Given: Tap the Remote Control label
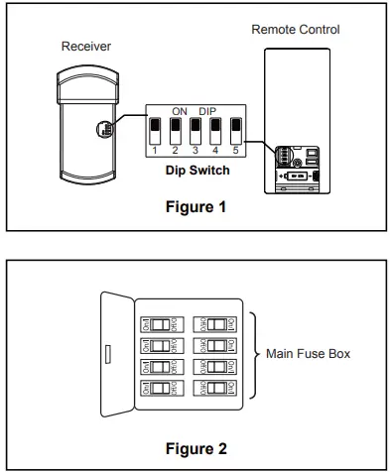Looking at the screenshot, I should [309, 30].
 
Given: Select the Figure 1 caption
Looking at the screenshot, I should [196, 209].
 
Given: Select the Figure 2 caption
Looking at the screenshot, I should [195, 446].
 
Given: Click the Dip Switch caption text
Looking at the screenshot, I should [196, 171].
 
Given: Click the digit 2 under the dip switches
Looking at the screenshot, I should [175, 152].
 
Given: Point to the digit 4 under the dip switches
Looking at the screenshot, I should [216, 152].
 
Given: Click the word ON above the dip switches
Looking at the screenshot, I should [181, 111].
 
